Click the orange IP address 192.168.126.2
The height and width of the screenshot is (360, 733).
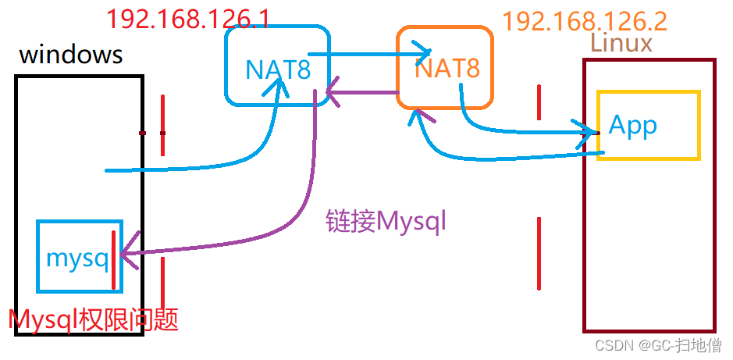pyautogui.click(x=585, y=20)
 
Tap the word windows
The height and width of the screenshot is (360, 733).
pyautogui.click(x=70, y=55)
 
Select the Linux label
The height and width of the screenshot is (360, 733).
pyautogui.click(x=621, y=43)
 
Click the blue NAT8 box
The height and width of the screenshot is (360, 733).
pyautogui.click(x=277, y=66)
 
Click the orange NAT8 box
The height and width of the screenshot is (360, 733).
pyautogui.click(x=445, y=67)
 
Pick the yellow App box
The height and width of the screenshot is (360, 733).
pyautogui.click(x=648, y=126)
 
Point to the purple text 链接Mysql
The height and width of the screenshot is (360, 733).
pyautogui.click(x=386, y=221)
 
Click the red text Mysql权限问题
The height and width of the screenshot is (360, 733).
pyautogui.click(x=93, y=319)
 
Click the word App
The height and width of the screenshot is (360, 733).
pyautogui.click(x=632, y=125)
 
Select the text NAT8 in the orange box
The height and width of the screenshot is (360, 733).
pyautogui.click(x=447, y=69)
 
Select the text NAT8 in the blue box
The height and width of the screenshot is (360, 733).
pyautogui.click(x=277, y=70)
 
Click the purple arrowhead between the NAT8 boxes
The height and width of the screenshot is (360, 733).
pyautogui.click(x=333, y=95)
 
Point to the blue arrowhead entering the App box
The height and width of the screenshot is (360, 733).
pyautogui.click(x=587, y=130)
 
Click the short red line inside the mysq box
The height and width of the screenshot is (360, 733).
pyautogui.click(x=114, y=259)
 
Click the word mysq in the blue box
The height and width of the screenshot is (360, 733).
pyautogui.click(x=77, y=258)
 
